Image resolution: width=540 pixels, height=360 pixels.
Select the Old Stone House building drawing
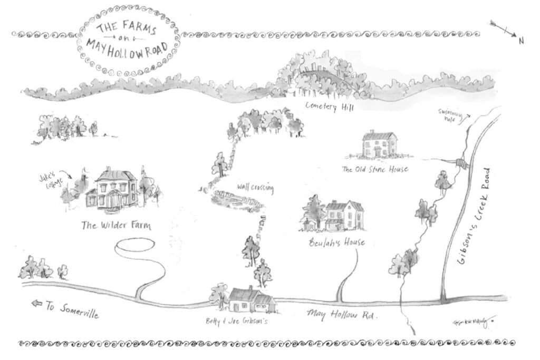(379, 144)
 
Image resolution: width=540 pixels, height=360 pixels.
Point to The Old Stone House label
(375, 169)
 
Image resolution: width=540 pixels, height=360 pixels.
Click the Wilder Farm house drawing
(112, 190)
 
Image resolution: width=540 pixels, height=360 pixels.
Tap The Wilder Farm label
(115, 226)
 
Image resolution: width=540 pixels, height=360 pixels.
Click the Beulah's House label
(336, 243)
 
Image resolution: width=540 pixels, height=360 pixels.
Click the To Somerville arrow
(37, 304)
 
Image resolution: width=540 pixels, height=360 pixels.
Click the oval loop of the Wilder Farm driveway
(135, 246)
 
